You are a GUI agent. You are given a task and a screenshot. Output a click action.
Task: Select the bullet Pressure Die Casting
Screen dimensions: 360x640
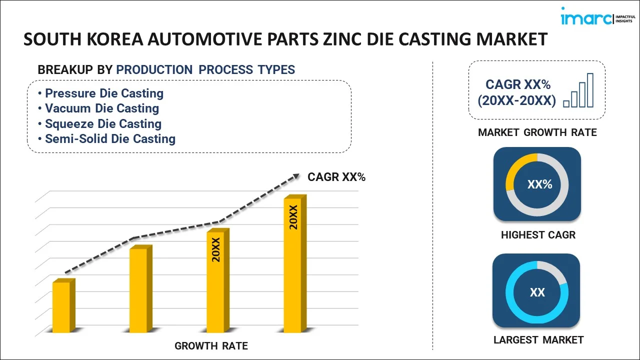[104, 93]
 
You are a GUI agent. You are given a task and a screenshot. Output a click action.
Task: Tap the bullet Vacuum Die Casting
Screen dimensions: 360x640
[101, 108]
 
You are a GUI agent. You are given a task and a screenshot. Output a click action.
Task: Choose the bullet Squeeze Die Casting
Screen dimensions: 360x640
[103, 124]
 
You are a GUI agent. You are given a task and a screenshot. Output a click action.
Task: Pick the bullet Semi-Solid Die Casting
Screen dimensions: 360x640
[110, 139]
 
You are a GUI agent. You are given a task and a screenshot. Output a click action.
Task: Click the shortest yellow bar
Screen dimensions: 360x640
[61, 307]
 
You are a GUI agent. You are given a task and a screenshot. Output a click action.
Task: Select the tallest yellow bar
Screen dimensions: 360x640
[292, 265]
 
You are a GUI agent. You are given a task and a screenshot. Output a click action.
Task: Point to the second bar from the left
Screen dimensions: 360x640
[138, 290]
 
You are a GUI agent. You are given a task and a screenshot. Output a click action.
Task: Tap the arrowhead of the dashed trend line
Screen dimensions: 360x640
[296, 176]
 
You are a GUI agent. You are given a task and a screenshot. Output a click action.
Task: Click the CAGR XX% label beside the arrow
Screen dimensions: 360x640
[336, 177]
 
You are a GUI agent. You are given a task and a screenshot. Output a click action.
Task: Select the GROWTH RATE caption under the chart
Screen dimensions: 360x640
[211, 346]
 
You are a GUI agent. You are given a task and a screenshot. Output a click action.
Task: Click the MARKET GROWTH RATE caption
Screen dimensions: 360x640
[537, 132]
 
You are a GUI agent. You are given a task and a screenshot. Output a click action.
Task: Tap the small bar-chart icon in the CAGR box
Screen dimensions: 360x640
[578, 91]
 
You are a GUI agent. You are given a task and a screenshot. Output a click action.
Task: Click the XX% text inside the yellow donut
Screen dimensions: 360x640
[539, 184]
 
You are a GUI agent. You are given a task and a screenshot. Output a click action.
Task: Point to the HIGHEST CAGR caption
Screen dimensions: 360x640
[538, 235]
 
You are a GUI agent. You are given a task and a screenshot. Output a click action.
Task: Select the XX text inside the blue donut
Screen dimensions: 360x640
[537, 292]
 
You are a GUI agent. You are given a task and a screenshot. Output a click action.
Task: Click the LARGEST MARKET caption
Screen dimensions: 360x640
[538, 340]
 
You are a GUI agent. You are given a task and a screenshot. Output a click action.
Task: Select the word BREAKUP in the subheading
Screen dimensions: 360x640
[65, 70]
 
